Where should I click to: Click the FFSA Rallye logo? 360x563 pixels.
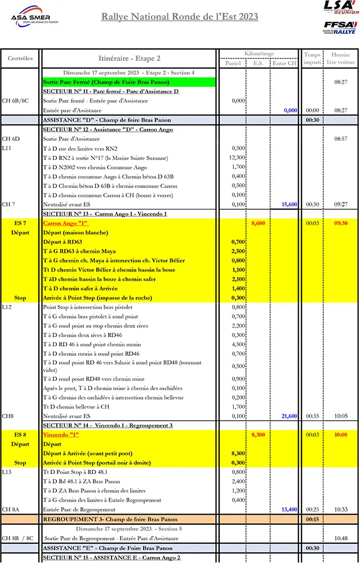point(340,28)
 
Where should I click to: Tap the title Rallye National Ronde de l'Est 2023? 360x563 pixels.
point(180,17)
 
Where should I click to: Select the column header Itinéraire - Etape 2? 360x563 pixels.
point(129,59)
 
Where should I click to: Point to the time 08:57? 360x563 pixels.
point(340,138)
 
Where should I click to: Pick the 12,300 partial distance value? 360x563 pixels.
point(238,158)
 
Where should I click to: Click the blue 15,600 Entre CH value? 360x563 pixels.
point(290,205)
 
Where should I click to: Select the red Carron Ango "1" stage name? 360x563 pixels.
point(63,224)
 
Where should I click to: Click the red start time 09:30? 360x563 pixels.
point(340,224)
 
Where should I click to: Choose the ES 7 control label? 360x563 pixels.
point(20,224)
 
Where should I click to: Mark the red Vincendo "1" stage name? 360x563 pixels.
point(62,435)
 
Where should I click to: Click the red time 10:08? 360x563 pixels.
point(340,435)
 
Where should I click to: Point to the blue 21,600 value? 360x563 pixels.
point(290,416)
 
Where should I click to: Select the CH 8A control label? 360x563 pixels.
point(11,510)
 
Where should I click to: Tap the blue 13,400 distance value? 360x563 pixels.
point(290,510)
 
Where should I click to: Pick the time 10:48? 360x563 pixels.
point(340,538)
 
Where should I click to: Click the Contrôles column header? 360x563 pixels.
point(20,59)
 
